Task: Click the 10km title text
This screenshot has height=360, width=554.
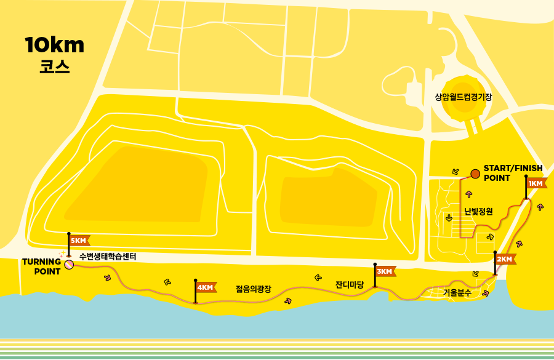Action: coord(55,45)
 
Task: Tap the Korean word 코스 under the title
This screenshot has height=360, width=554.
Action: coord(55,67)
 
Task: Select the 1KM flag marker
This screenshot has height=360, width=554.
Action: coord(536,183)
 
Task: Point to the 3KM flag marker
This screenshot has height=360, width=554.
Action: coord(385,271)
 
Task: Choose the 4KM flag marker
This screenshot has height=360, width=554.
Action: coord(205,287)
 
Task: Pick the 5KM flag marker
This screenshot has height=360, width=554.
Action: coord(79,241)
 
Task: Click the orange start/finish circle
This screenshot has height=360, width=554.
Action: coord(475,174)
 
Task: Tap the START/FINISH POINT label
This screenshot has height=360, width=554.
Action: coord(513,173)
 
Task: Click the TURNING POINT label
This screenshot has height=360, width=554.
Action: coord(42,266)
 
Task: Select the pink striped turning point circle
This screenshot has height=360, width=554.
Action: coord(69,265)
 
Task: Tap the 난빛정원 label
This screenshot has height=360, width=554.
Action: coord(478,212)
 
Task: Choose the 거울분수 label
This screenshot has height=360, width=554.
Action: coord(457,293)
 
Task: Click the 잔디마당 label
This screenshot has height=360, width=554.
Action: coord(350,285)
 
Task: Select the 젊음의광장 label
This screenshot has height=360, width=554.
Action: coord(254,288)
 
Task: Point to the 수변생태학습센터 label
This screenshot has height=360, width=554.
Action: coord(108,256)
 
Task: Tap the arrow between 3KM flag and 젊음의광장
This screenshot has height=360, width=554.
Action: coord(318,278)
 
